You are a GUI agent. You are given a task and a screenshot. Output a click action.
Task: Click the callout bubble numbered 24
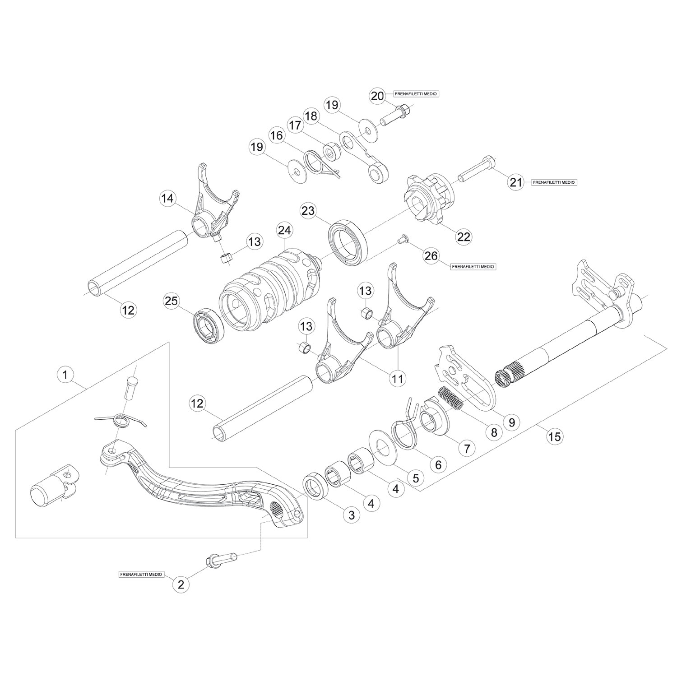285,231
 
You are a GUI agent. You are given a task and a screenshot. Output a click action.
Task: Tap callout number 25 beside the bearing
172,301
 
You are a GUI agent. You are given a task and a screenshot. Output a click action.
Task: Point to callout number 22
464,236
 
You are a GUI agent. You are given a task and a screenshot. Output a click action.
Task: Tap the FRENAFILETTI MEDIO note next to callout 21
554,182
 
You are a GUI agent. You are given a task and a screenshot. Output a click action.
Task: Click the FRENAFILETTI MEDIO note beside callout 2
141,575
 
